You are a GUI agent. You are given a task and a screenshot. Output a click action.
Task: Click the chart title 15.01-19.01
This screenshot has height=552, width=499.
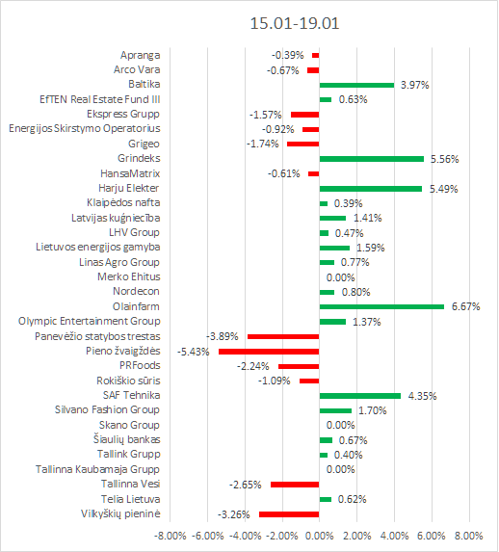(295, 23)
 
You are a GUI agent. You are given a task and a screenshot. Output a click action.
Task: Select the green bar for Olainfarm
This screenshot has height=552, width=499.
(381, 307)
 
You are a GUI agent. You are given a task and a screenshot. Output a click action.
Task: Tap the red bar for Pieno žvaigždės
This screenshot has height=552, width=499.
(269, 352)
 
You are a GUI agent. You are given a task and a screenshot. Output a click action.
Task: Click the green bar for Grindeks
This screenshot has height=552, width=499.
(372, 159)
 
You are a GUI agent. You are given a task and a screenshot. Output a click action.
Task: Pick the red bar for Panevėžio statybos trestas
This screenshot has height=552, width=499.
(283, 336)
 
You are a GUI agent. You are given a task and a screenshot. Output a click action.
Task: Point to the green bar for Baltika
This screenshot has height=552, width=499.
(356, 85)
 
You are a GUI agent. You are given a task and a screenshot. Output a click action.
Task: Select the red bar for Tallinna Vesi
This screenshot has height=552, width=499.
(295, 485)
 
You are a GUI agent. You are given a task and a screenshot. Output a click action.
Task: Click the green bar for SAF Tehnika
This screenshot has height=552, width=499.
(360, 396)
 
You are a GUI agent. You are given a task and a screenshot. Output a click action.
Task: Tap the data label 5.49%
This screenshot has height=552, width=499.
(443, 189)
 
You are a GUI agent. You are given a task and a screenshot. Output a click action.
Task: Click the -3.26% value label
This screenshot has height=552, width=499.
(233, 514)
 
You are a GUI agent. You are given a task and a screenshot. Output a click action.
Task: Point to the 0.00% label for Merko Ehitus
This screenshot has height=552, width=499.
(340, 277)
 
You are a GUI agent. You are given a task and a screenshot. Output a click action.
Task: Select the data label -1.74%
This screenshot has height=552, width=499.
(263, 144)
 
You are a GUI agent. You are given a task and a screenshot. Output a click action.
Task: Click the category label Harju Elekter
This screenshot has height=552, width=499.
(128, 189)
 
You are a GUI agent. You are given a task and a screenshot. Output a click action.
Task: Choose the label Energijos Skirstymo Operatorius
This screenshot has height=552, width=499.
(85, 128)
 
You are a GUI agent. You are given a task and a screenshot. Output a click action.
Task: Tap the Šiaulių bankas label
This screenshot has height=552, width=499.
(127, 439)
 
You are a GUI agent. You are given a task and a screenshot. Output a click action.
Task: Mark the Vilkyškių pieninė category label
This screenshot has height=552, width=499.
(120, 513)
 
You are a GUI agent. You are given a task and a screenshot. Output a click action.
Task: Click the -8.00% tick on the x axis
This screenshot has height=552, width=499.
(171, 536)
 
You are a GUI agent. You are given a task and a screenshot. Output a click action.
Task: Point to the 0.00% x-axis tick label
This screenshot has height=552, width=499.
(320, 536)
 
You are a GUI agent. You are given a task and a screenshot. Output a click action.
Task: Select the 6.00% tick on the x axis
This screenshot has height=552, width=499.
(432, 536)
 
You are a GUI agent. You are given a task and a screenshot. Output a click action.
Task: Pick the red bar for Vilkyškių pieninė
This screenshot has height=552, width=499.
(289, 514)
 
